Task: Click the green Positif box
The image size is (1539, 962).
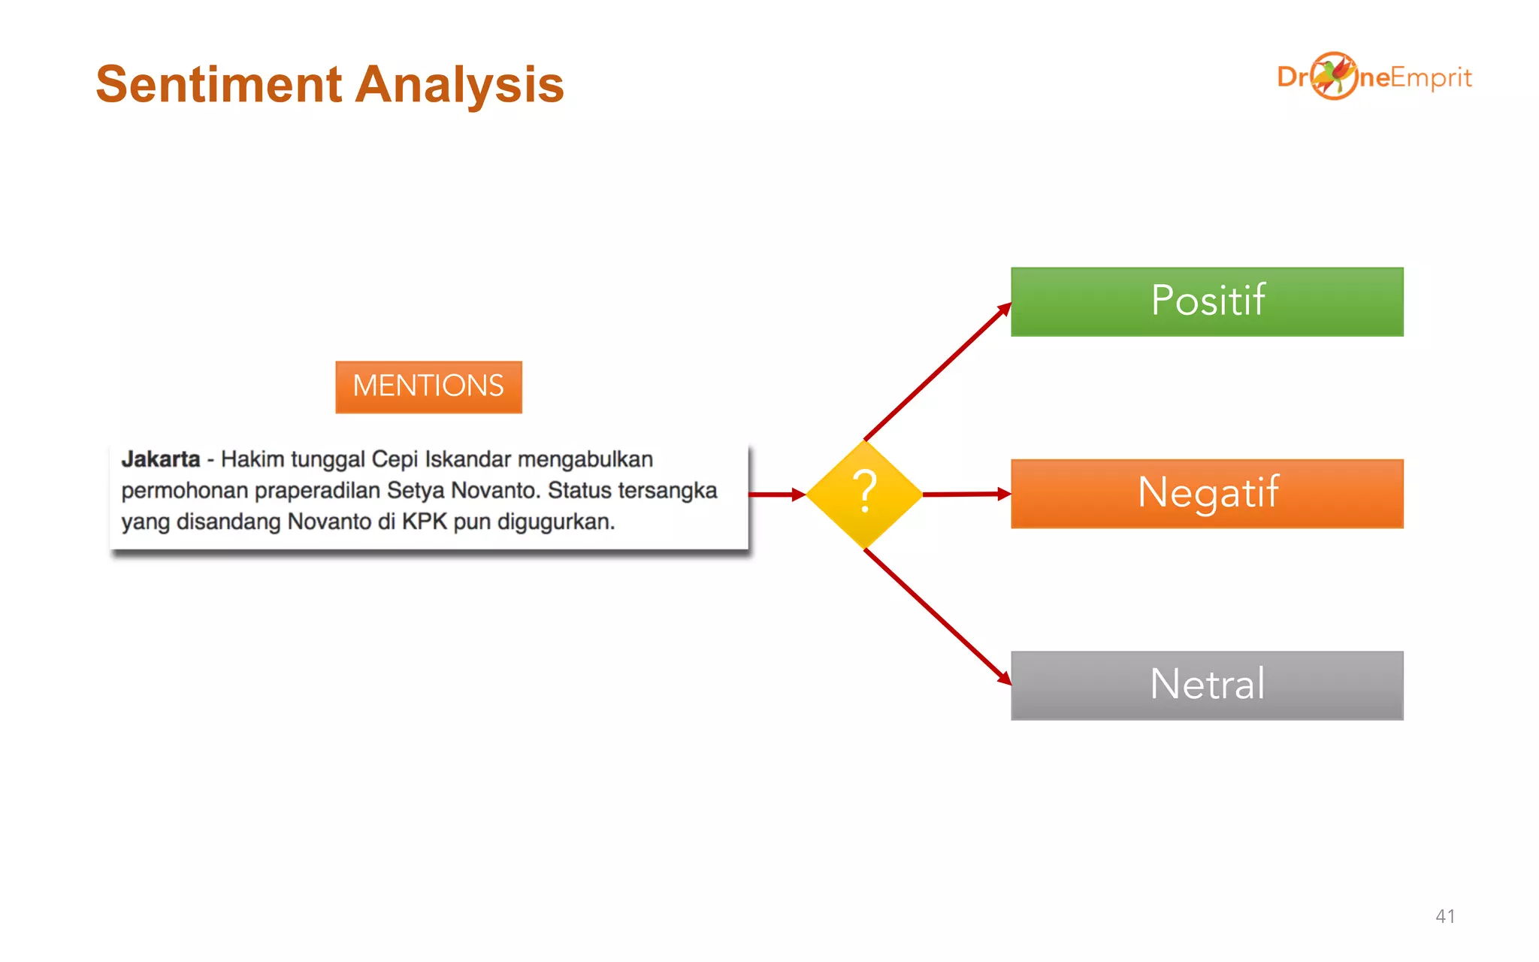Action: pos(1207,301)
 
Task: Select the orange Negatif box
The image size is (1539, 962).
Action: pos(1207,494)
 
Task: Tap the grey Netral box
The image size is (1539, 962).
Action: pos(1207,685)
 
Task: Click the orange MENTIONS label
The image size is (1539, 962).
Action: pos(428,386)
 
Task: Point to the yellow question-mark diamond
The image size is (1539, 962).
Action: pos(864,494)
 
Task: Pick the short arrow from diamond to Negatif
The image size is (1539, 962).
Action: pos(966,494)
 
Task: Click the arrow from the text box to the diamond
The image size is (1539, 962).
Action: pos(776,495)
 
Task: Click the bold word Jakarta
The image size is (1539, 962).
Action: pos(161,459)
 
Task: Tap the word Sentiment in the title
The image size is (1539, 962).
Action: pos(219,84)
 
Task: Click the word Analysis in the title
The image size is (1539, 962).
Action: pos(459,84)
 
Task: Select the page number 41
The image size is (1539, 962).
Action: pos(1444,916)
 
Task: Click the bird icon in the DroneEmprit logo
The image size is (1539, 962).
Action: pos(1334,75)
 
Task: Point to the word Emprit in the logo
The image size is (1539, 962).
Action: pos(1431,77)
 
